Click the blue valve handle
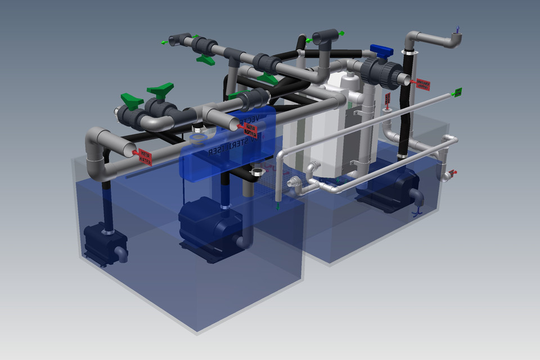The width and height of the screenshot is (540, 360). (380, 51)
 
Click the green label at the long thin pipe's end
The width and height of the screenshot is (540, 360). (457, 92)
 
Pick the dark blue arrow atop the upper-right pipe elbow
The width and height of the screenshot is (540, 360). (458, 29)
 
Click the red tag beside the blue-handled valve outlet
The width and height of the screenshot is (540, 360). (422, 84)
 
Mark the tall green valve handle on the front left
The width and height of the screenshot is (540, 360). (160, 90)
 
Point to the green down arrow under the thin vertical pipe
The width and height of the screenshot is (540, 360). (277, 208)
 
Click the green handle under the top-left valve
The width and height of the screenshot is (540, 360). (204, 58)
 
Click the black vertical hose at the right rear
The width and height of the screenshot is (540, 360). (405, 112)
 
